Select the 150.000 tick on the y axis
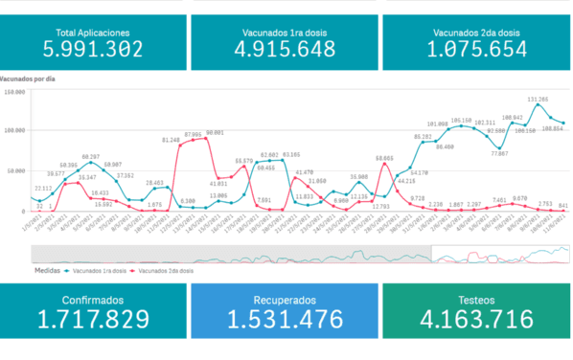[x=14, y=93]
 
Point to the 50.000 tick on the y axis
[x=14, y=171]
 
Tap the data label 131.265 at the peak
[x=538, y=99]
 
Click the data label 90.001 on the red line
[x=214, y=133]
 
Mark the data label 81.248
[x=172, y=140]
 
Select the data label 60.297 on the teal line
[x=91, y=156]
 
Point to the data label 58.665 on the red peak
[x=384, y=158]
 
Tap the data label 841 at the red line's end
[x=562, y=205]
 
